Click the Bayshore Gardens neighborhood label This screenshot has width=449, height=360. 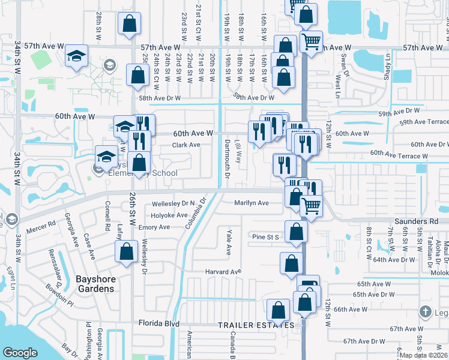[95, 283]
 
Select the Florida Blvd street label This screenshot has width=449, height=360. [159, 324]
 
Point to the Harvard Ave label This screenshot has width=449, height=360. [223, 272]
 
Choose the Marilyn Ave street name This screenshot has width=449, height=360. [252, 203]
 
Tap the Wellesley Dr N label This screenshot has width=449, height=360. [173, 203]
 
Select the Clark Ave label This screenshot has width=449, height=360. [186, 145]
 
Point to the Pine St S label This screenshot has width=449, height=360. [265, 238]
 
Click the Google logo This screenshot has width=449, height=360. [20, 353]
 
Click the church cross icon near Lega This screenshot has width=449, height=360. [425, 311]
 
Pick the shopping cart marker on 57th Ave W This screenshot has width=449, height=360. [311, 41]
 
